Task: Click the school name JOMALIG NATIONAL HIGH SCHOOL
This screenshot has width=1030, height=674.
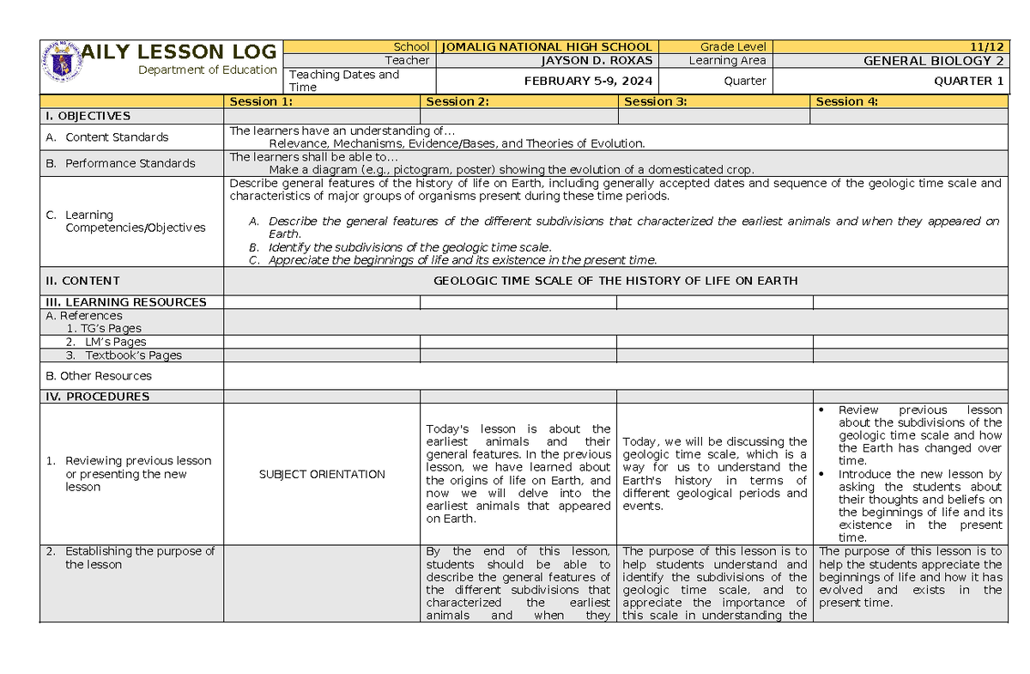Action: [547, 46]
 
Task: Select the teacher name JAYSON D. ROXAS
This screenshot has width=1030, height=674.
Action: [597, 60]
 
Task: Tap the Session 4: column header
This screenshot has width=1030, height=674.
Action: [846, 101]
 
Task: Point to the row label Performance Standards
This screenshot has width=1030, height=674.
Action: [130, 163]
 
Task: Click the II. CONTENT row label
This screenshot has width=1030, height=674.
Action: [82, 281]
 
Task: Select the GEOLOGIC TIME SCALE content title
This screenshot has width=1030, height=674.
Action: [615, 281]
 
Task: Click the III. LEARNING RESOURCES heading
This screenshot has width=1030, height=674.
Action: [125, 302]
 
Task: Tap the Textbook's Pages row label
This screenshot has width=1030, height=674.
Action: [133, 355]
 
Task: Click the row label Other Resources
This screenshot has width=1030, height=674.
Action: [98, 376]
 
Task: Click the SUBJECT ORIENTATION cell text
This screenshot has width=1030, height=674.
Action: [322, 474]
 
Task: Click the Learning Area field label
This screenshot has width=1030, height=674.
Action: [726, 60]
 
